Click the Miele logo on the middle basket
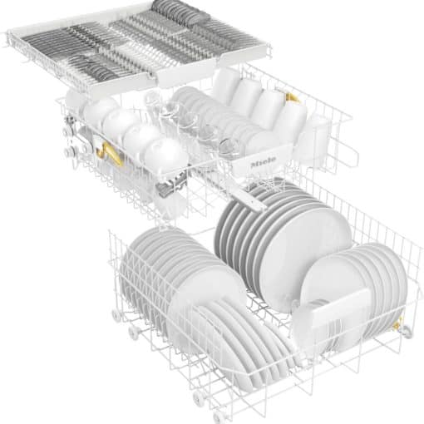(x=264, y=162)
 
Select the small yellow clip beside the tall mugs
(x=292, y=98)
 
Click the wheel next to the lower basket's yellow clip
(x=407, y=332)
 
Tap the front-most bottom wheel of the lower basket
(x=218, y=418)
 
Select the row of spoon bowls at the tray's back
(x=180, y=12)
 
